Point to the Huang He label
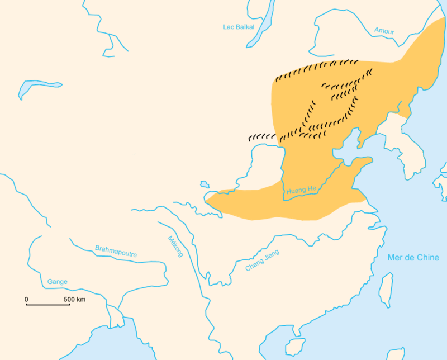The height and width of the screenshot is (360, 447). (x=301, y=191)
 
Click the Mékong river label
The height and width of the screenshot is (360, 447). (x=175, y=245)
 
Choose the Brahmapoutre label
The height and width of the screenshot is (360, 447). (x=116, y=251)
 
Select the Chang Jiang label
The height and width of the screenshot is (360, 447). (x=262, y=260)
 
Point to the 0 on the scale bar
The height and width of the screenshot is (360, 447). (x=26, y=300)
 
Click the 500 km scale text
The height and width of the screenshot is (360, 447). (x=74, y=300)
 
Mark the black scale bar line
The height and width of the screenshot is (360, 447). (x=47, y=305)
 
